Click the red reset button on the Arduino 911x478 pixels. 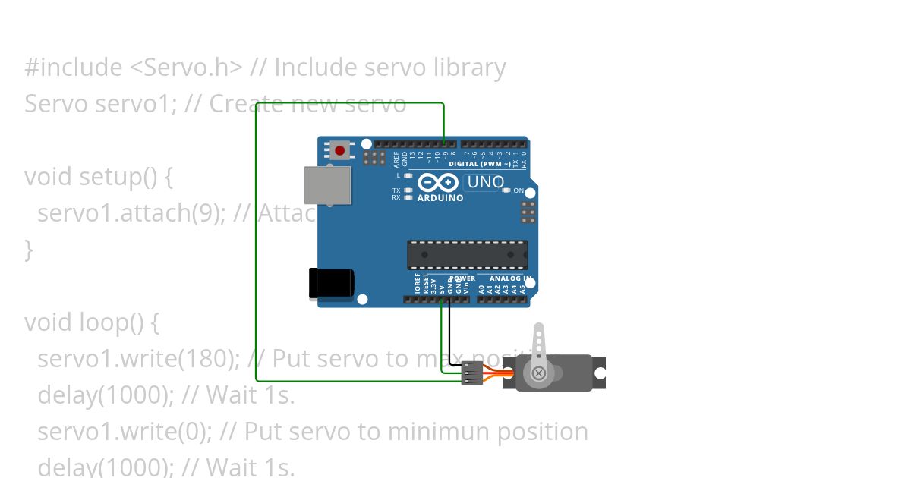pyautogui.click(x=339, y=150)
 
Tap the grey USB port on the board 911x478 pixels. pyautogui.click(x=328, y=185)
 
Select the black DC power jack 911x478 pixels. pyautogui.click(x=331, y=283)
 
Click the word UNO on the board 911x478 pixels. pyautogui.click(x=486, y=182)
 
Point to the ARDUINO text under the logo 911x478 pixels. pyautogui.click(x=440, y=198)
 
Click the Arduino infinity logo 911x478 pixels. pyautogui.click(x=438, y=183)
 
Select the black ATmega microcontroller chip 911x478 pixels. pyautogui.click(x=467, y=255)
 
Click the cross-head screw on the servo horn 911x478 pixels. pyautogui.click(x=538, y=373)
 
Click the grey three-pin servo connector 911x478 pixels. pyautogui.click(x=471, y=373)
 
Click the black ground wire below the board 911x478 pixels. pyautogui.click(x=449, y=334)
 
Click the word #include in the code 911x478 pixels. pyautogui.click(x=73, y=68)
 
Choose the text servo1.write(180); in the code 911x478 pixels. pyautogui.click(x=137, y=358)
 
